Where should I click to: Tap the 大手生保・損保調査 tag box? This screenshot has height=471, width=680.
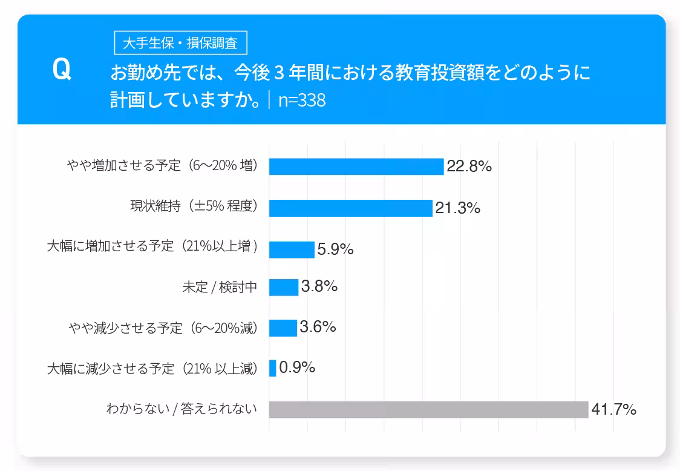tap(180, 44)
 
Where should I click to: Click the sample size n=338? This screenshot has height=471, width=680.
tap(302, 100)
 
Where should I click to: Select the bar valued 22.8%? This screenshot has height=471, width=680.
tap(356, 166)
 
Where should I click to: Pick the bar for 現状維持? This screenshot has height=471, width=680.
tap(350, 208)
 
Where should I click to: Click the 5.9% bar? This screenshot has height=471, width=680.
tap(292, 249)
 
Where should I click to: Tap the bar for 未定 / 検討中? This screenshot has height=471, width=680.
tap(284, 287)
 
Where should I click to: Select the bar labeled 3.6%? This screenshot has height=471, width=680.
tap(283, 328)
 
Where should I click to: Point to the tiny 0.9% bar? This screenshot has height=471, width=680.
tap(272, 368)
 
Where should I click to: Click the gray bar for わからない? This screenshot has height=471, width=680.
tap(428, 410)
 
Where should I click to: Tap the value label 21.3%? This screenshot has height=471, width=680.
tap(457, 208)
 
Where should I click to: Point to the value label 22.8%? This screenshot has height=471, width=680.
tap(469, 166)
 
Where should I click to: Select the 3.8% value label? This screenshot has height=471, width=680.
tap(319, 286)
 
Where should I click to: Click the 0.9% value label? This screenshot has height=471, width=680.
tap(297, 367)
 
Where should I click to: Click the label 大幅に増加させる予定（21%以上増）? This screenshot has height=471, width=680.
tap(152, 247)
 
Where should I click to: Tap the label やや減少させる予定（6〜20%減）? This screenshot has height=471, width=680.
tap(163, 328)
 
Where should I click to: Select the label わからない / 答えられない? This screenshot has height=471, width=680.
tap(181, 409)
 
